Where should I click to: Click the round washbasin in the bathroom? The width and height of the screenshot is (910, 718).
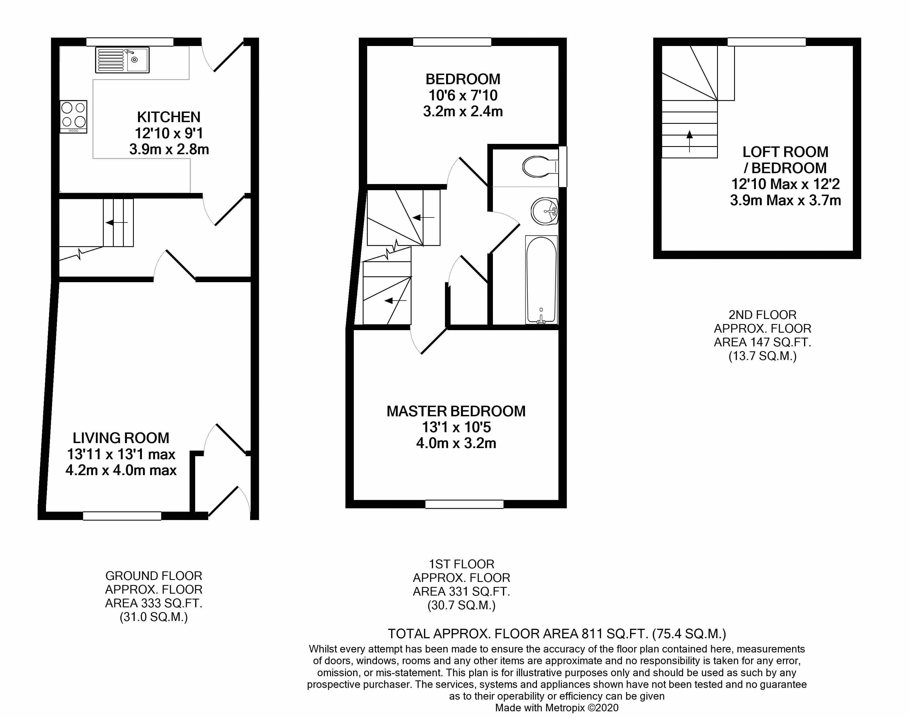click(x=544, y=211)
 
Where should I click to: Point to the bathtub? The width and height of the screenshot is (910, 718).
click(x=541, y=280)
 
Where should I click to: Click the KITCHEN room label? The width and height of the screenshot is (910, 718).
click(x=169, y=117)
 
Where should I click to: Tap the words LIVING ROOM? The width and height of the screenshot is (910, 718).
click(x=121, y=438)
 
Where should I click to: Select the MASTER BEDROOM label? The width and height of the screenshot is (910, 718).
click(x=456, y=411)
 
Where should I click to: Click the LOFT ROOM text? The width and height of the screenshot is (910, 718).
click(x=785, y=152)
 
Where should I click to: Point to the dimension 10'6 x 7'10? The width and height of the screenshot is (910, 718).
click(x=463, y=95)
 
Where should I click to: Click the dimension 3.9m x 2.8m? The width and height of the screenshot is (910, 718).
click(x=169, y=149)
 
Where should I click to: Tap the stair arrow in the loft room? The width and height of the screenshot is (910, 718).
click(x=689, y=141)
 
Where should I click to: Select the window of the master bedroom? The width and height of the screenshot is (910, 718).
click(x=464, y=504)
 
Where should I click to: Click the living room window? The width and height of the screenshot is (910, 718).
click(x=122, y=516)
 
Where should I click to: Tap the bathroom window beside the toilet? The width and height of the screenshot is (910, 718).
click(x=563, y=166)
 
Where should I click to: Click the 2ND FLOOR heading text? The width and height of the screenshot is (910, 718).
click(x=763, y=315)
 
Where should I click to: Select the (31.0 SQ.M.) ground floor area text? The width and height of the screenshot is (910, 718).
click(x=154, y=617)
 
